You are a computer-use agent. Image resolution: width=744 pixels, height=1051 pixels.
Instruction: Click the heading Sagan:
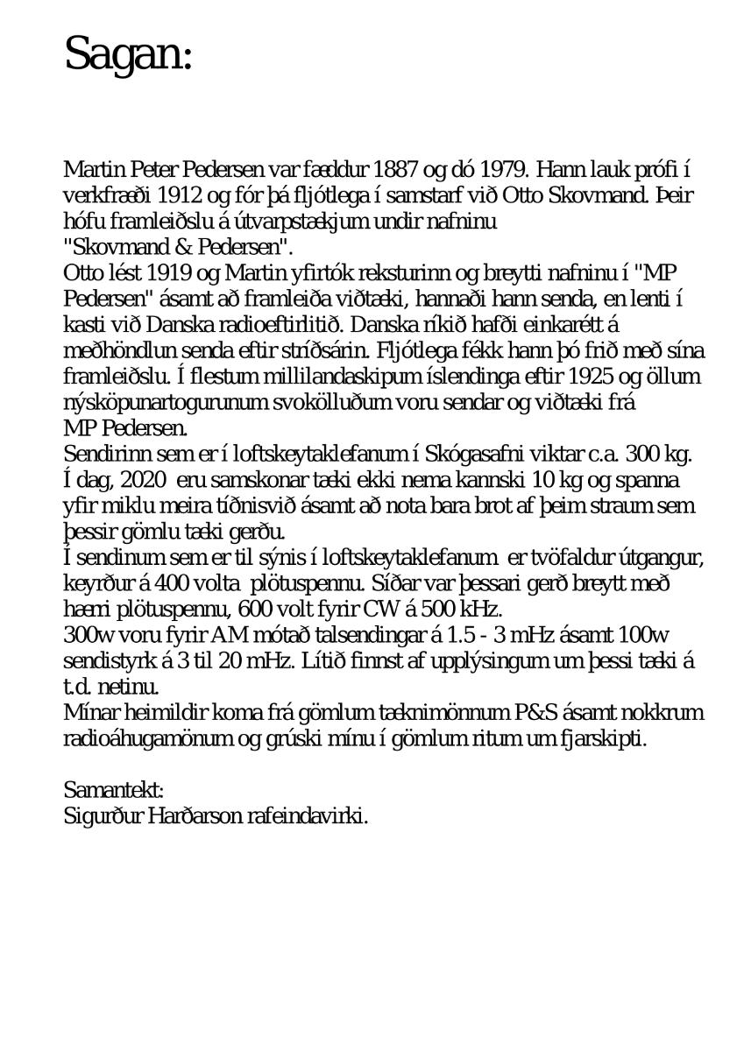(128, 54)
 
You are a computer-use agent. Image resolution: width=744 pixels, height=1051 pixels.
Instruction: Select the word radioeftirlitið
(297, 325)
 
